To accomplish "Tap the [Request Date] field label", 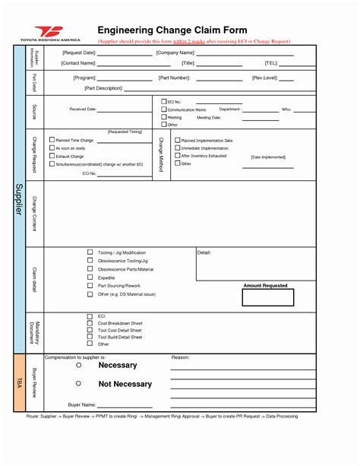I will click(79, 52).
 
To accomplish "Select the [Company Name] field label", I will click(175, 52).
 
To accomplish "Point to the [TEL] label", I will click(271, 63).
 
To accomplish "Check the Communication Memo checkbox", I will click(163, 109).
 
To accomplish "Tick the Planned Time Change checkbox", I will click(52, 141).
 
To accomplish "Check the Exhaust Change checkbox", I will click(52, 156).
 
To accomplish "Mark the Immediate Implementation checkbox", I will click(178, 148).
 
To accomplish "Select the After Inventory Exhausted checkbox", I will click(178, 156).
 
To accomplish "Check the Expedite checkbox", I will click(90, 278).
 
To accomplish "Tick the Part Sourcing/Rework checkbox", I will click(90, 286).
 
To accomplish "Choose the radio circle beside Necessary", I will click(78, 365).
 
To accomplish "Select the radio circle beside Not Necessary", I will click(78, 384).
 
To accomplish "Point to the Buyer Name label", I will click(81, 405).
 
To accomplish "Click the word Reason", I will click(180, 357).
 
